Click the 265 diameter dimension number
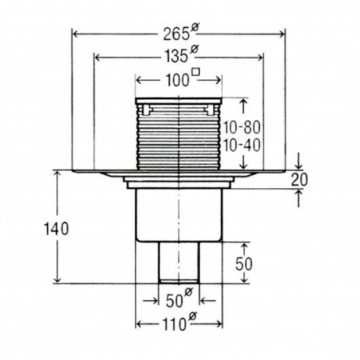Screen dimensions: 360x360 [177, 35]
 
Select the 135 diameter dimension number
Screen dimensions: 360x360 [177, 56]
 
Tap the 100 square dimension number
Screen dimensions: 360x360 [177, 80]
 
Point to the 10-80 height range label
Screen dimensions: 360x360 [242, 128]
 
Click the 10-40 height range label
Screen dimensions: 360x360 [242, 145]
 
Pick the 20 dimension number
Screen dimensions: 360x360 [299, 180]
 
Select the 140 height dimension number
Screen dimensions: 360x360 [56, 229]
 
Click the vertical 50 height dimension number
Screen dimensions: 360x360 [244, 264]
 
